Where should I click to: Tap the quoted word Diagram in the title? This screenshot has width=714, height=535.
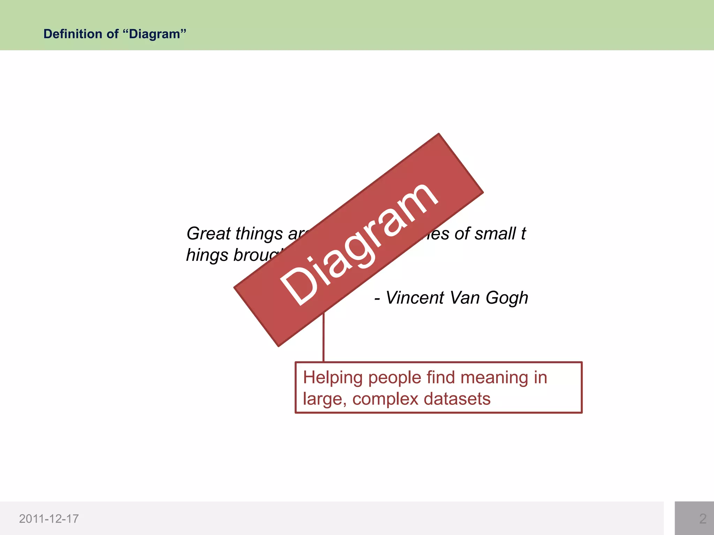pyautogui.click(x=154, y=34)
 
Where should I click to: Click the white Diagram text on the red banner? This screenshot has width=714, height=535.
pyautogui.click(x=359, y=244)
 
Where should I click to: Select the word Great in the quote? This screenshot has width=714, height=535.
pyautogui.click(x=208, y=233)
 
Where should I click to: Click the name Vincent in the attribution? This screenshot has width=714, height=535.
pyautogui.click(x=415, y=298)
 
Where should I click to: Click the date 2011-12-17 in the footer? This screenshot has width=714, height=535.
pyautogui.click(x=49, y=519)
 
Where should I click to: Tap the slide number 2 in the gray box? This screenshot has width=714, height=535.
pyautogui.click(x=702, y=519)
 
